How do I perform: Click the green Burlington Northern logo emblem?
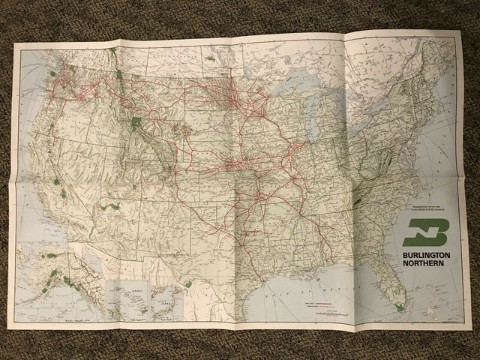(x=425, y=234)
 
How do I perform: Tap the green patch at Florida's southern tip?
(x=399, y=306)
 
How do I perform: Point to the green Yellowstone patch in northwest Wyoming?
(x=136, y=122)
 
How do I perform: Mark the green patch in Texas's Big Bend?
(x=187, y=283)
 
